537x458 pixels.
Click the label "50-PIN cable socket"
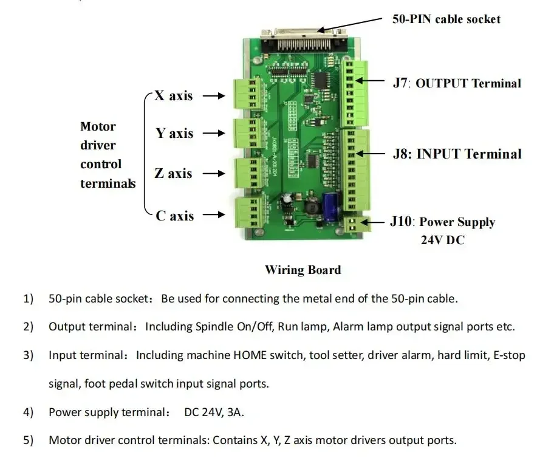coord(446,19)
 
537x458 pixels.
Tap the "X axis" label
coord(173,95)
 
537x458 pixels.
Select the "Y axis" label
coord(174,133)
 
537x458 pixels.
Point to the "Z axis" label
coord(173,173)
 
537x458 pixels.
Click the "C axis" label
coord(174,215)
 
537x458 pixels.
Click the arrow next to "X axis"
coord(214,95)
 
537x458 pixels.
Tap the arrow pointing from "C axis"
coord(214,215)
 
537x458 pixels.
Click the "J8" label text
coord(401,154)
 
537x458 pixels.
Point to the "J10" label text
coord(401,221)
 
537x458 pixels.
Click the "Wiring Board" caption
coord(303,270)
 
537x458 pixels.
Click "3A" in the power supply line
coord(234,412)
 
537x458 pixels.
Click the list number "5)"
coord(29,440)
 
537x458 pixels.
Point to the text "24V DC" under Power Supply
coord(442,240)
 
